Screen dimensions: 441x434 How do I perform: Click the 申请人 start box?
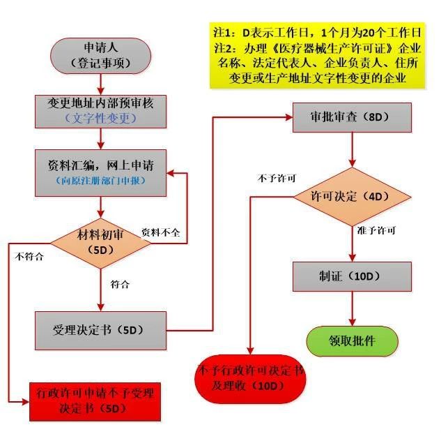tap(100, 56)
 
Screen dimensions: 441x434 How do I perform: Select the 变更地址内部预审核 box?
tap(100, 112)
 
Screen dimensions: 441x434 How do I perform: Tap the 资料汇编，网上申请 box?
tap(100, 173)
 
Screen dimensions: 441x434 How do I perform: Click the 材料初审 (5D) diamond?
tap(100, 244)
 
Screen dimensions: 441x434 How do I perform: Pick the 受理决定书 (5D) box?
tap(100, 330)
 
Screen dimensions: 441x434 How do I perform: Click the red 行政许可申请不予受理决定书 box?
tap(95, 402)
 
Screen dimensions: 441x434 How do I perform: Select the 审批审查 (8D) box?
tap(352, 117)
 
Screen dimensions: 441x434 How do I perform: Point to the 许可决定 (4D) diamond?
tap(352, 197)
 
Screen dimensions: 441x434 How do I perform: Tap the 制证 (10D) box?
tap(352, 276)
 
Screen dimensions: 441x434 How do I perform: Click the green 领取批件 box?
tap(352, 341)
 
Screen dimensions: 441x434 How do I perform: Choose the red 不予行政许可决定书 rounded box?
tap(250, 379)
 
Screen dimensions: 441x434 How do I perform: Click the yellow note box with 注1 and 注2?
tap(317, 56)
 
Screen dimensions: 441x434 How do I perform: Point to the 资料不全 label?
tap(161, 232)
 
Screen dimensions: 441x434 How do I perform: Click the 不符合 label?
tap(29, 256)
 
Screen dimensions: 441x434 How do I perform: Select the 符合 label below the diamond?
tap(120, 284)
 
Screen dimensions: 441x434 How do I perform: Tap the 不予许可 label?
tap(277, 178)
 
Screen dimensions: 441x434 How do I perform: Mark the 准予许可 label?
tap(376, 230)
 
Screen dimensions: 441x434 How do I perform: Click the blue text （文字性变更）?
tap(101, 119)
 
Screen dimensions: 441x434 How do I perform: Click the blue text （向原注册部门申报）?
tap(100, 181)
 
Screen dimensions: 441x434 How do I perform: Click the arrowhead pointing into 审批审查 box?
tap(289, 117)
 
